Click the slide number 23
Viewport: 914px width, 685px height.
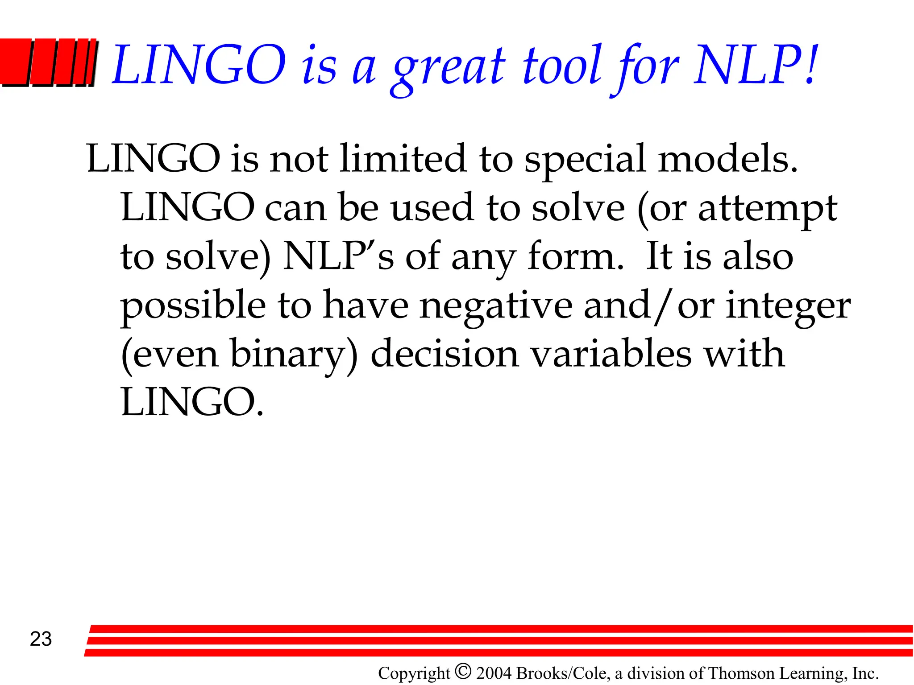coord(41,639)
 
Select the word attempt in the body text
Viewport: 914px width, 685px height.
coord(768,209)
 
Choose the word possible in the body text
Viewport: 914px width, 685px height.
coord(193,307)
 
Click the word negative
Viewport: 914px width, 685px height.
coord(496,307)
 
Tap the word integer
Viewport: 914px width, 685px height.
coord(788,307)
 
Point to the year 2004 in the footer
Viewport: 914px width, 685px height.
coord(494,673)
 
